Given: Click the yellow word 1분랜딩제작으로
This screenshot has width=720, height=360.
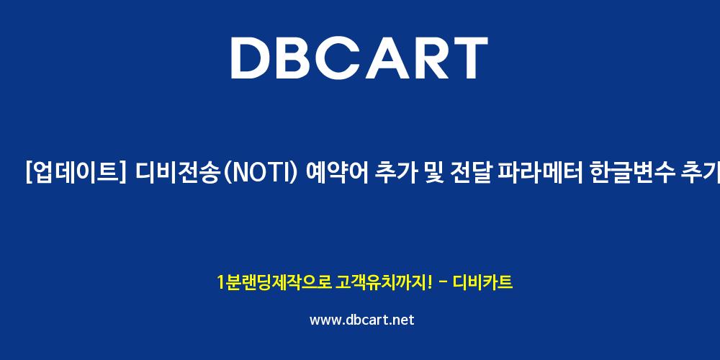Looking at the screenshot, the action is tap(274, 282).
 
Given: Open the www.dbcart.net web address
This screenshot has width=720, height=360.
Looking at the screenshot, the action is tap(362, 320).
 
